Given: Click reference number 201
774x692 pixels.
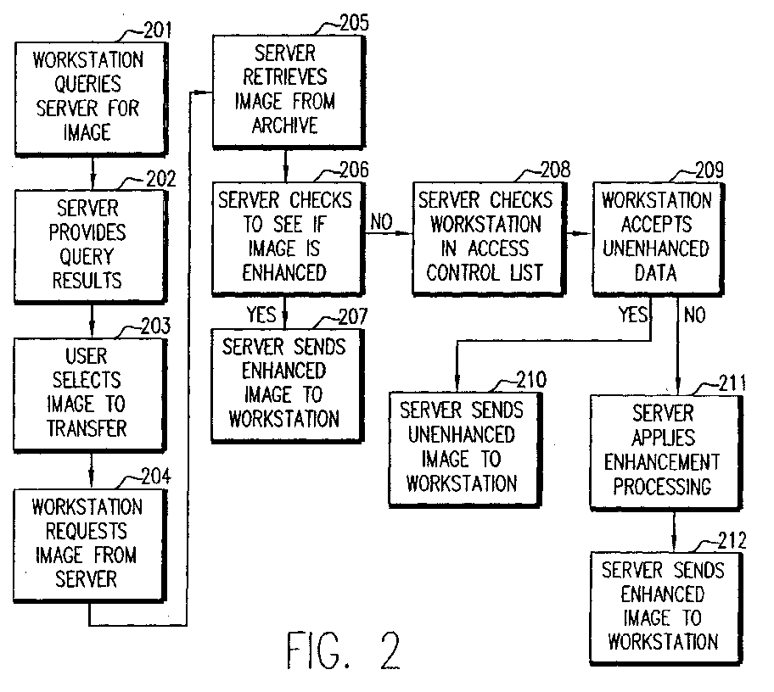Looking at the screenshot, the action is tap(158, 31).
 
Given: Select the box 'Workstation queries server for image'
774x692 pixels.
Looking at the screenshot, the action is tap(92, 99).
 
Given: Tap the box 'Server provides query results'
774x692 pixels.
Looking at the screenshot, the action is tap(90, 246).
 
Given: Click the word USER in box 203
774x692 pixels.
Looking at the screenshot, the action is tap(87, 356).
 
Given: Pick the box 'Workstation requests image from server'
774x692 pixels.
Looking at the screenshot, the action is tap(90, 545).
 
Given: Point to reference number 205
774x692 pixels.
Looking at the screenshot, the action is tap(354, 23).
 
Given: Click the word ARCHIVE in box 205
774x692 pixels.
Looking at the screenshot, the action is tap(285, 126).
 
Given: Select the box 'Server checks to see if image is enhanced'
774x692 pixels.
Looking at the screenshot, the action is tap(289, 238).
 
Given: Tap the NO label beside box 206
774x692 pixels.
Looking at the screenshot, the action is tap(382, 222).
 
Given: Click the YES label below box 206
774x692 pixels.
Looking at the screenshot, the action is tap(261, 314).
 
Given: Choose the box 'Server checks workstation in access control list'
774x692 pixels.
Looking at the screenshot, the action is tap(489, 238).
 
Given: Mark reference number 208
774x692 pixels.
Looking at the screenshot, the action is tap(555, 170).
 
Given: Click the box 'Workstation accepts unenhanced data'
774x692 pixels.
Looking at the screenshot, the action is tap(658, 238).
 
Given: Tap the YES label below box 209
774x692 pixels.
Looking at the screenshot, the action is tap(633, 314).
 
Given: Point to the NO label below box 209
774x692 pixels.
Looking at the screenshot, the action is tap(694, 315).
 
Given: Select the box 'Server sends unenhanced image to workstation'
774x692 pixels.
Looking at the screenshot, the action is tap(465, 449).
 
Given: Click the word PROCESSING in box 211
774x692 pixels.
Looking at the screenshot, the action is tap(663, 487).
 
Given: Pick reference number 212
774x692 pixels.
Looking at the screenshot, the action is tap(732, 540).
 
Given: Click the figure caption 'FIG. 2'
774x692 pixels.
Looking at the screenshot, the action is tap(343, 650).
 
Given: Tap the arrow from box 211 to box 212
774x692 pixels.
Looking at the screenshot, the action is tap(675, 532).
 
